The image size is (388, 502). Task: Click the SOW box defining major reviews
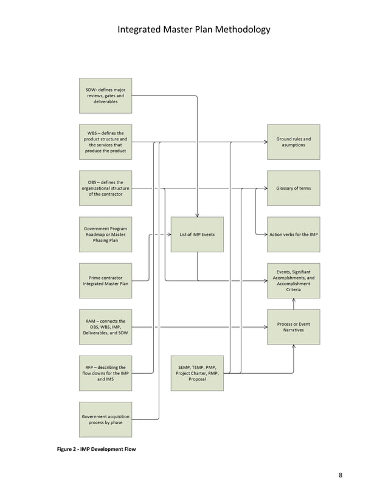coord(105,95)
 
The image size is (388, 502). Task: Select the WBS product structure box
coord(105,142)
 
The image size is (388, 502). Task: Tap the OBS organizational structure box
coord(105,188)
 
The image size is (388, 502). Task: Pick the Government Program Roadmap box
coord(105,234)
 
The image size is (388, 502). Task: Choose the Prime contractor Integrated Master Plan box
coord(105,280)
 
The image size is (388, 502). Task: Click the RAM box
coord(105,326)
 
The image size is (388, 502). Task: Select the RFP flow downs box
coord(105,373)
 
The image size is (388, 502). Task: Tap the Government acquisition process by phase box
coord(105,419)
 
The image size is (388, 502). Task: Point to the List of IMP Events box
coord(197,234)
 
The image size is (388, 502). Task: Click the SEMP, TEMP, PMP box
coord(197,373)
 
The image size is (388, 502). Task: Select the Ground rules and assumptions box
coord(294,142)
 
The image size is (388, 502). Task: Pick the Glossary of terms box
coord(294,188)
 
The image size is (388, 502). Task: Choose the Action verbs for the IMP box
coord(294,234)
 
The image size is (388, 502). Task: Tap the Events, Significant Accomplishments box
coord(294,280)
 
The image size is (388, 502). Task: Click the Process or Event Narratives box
coord(294,326)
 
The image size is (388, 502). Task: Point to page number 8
coord(341,475)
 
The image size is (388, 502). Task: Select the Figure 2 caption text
coord(98,449)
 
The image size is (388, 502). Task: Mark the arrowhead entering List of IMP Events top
coord(197,215)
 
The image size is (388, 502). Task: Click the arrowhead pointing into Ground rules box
coord(265,142)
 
